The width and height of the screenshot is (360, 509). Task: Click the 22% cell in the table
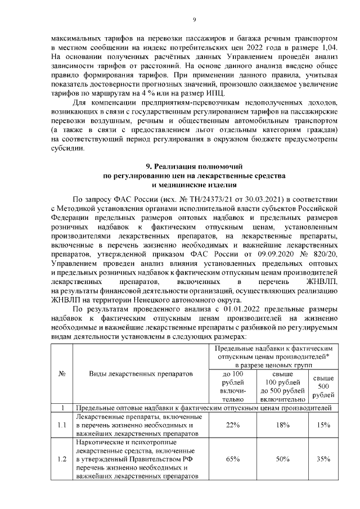coord(232,425)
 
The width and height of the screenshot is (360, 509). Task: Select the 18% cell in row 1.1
coord(282,425)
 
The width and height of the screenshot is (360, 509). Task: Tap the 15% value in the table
coord(323,425)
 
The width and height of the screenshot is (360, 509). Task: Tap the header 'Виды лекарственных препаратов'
coord(141,373)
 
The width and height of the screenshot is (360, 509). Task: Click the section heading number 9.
coord(148,168)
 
